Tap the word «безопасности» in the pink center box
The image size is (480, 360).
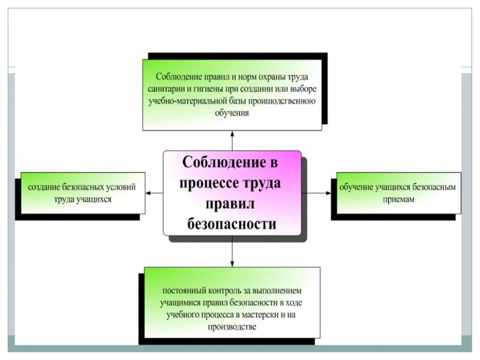click(232, 224)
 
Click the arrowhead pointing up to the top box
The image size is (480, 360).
click(232, 134)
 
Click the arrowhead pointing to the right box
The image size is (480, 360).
click(329, 193)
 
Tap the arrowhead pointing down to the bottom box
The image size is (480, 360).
click(232, 263)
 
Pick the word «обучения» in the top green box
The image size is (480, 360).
click(232, 113)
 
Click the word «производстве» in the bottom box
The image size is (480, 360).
click(232, 327)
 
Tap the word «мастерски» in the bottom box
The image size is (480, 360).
click(259, 315)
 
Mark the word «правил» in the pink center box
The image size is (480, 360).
click(230, 204)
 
